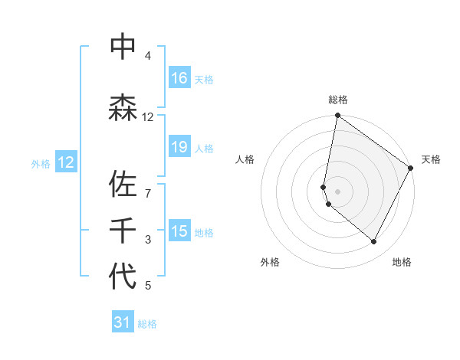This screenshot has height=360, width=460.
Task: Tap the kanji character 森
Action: coord(123,107)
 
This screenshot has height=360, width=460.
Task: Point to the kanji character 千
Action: coord(123,230)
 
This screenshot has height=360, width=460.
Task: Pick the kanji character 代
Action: coord(123,276)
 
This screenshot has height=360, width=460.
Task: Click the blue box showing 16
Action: coord(179,78)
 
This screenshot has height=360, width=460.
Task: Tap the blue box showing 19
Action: coord(179,147)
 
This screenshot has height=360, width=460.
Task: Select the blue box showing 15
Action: coord(179,231)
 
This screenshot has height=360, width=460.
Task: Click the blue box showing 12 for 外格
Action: coord(66,162)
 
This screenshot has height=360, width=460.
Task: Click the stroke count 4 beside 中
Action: coord(147,56)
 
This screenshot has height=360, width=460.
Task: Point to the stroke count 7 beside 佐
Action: coord(147,186)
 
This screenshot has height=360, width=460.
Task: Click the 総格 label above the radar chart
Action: coord(338,100)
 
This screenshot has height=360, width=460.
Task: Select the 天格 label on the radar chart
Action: coord(431,159)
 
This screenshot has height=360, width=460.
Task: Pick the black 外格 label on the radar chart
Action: coord(270,262)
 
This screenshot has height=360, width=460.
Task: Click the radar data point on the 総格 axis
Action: coord(337,116)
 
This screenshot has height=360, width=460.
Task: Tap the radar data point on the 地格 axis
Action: coord(374,242)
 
